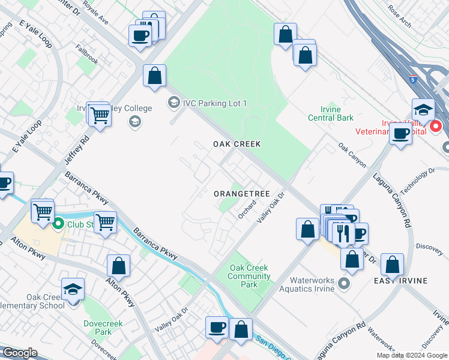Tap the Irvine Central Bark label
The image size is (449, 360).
(x=330, y=113)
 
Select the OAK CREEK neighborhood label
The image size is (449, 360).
(x=237, y=144)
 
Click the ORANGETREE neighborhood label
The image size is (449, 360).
(x=242, y=194)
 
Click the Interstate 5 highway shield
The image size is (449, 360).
(x=413, y=79)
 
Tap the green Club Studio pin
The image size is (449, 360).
(x=58, y=225)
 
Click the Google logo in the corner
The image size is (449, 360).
(x=20, y=353)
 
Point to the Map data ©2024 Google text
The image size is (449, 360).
(x=412, y=355)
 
